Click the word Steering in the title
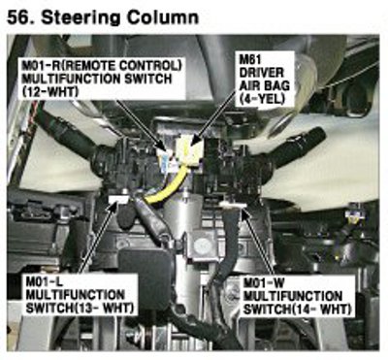(81, 17)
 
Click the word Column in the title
(163, 16)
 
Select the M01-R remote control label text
(102, 66)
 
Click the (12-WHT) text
(50, 91)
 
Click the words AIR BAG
(264, 85)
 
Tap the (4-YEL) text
(262, 98)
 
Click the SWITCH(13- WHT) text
(80, 309)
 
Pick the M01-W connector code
(264, 282)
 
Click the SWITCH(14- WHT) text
(297, 309)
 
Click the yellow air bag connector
(188, 150)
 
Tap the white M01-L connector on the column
(118, 198)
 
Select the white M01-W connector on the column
(233, 205)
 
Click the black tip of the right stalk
(314, 133)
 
